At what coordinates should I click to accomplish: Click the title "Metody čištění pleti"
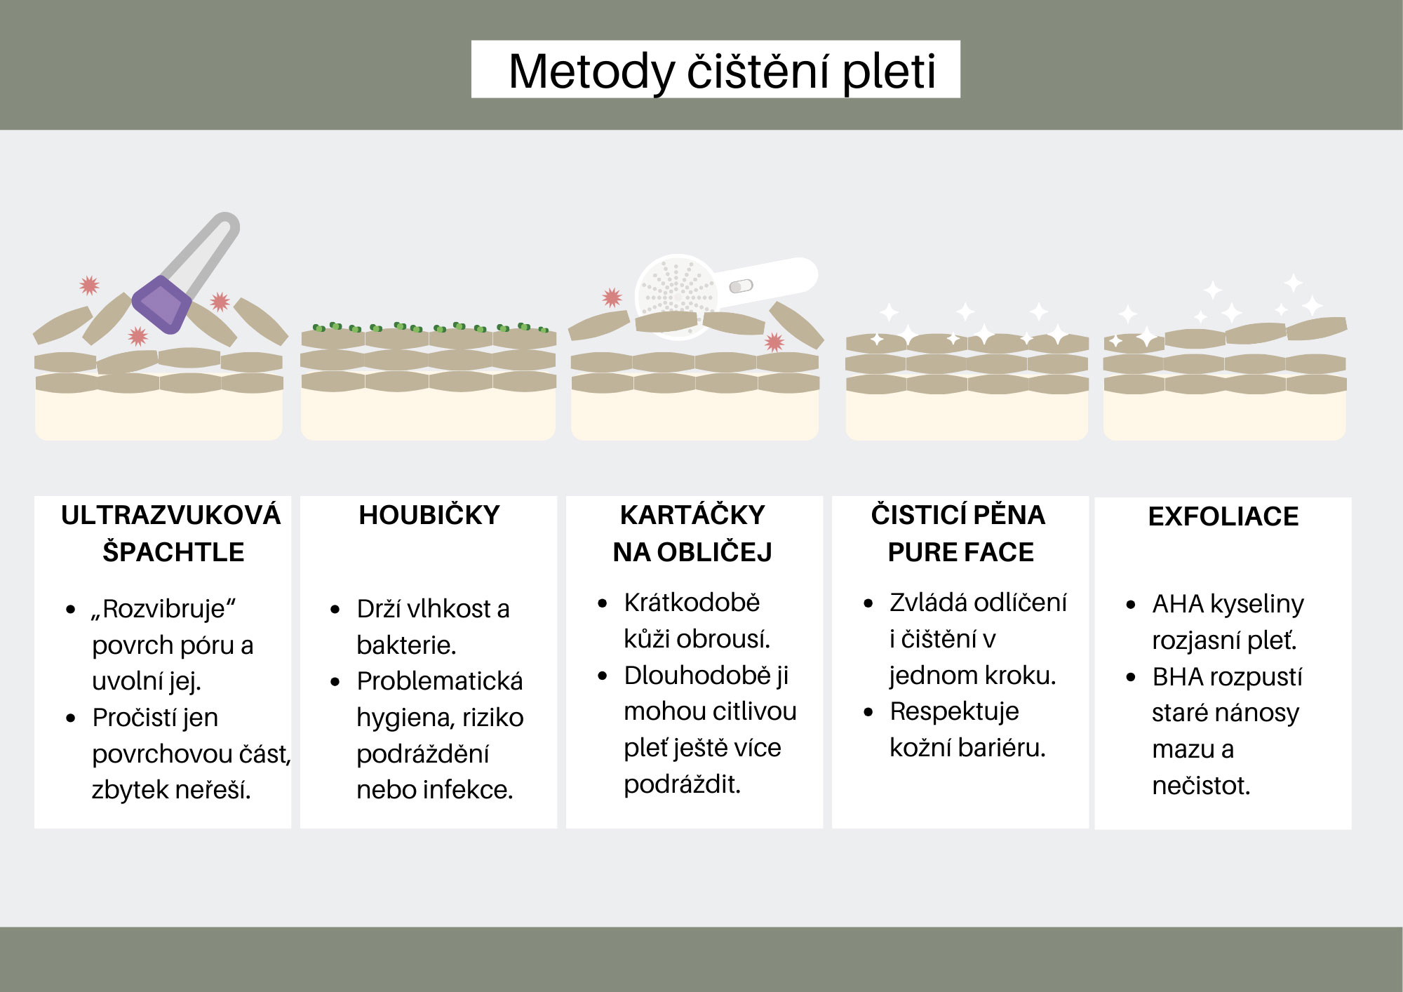[722, 71]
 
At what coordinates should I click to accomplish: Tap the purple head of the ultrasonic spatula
[162, 304]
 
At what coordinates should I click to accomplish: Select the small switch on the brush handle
[741, 286]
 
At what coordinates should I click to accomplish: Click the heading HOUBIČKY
[429, 516]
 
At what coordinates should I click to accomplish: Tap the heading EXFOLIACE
[1223, 517]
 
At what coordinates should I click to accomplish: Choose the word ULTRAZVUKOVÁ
[170, 516]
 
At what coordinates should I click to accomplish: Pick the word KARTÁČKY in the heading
[692, 516]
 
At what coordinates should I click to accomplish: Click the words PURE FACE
[960, 553]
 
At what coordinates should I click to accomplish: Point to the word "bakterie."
[406, 645]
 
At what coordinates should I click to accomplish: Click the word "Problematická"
[440, 681]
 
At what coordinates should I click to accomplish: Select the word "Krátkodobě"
[692, 603]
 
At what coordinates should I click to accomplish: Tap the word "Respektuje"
[954, 711]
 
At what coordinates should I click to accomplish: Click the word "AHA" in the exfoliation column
[1177, 604]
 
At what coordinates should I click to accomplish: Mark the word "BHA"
[1177, 677]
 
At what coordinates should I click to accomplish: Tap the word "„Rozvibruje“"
[163, 609]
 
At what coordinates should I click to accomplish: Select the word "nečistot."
[1201, 786]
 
